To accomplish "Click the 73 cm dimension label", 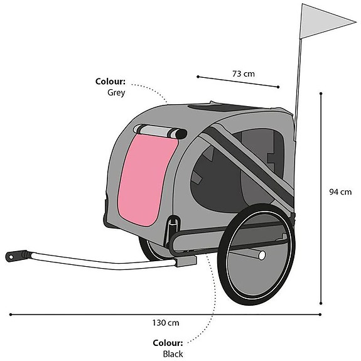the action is click(x=244, y=74).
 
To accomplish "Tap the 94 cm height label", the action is click(x=340, y=191).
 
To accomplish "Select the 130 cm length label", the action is click(x=166, y=323).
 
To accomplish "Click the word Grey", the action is click(x=116, y=92).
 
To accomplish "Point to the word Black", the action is click(x=173, y=354).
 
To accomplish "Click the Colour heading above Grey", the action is click(x=110, y=82).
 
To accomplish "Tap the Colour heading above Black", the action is click(x=168, y=343).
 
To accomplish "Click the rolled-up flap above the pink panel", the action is click(x=160, y=132).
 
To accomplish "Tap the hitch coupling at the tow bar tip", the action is click(x=16, y=256).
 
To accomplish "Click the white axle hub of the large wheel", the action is click(x=262, y=256).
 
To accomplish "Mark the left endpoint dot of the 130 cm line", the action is click(x=11, y=315).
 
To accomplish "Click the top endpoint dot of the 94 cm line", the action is click(x=321, y=94).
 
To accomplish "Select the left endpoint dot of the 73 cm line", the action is click(x=198, y=77).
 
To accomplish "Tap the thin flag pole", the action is click(x=298, y=87).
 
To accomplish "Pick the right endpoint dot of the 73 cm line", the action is click(x=278, y=87).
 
